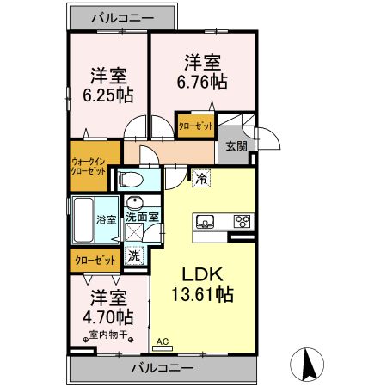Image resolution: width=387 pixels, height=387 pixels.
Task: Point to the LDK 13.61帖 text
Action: [x=202, y=284]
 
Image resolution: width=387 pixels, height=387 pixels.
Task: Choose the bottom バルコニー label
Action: [x=163, y=368]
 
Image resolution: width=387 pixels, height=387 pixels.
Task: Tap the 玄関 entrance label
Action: [x=236, y=146]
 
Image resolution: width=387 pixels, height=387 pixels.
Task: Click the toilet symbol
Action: [x=132, y=179]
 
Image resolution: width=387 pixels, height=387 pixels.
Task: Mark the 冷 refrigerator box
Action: [x=200, y=179]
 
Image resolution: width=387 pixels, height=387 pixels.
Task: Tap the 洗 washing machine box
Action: [x=134, y=255]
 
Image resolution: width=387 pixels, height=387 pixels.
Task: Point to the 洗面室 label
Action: [x=142, y=218]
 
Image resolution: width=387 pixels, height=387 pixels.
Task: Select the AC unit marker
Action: [x=163, y=344]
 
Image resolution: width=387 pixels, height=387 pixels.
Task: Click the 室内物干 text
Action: [x=106, y=335]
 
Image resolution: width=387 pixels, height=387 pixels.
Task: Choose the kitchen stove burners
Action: [x=243, y=221]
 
